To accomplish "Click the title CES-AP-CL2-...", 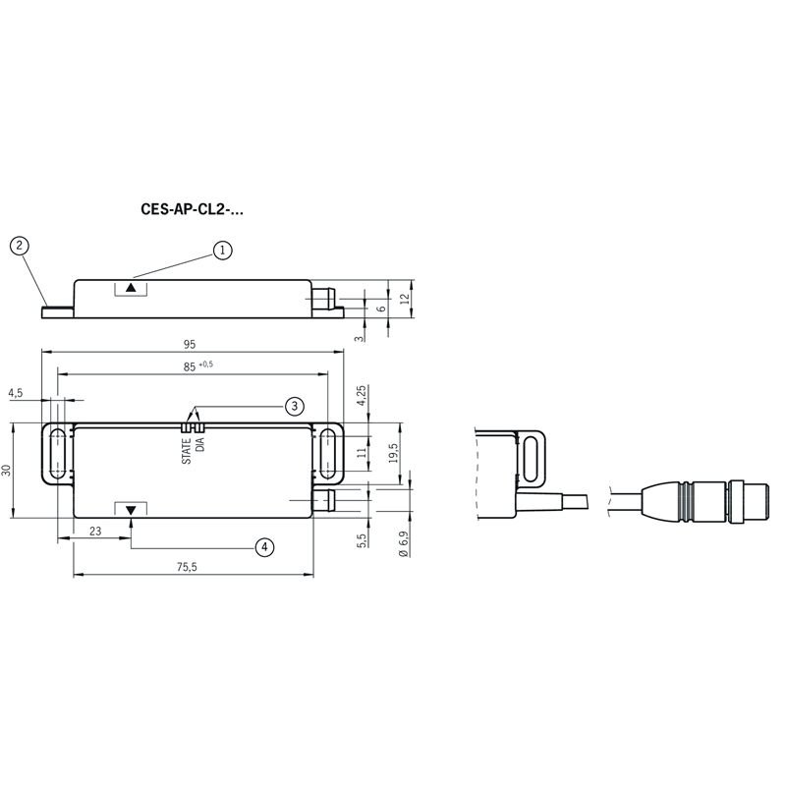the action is coord(192,209).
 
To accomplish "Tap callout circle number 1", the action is coord(223,251).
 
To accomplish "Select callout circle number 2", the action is coord(20,246).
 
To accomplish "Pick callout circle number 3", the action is coord(295,406).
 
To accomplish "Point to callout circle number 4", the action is coord(264,547).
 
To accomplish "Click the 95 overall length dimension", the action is coord(190,345).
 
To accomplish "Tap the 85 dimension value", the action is coord(190,366).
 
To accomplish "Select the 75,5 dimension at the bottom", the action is coord(187,567).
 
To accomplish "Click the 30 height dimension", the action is coord(6,471).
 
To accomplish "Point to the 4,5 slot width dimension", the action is coord(16,393).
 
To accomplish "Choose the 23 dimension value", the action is coord(95,531).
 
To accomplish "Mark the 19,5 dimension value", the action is coord(393,453).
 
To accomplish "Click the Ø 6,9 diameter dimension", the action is coord(404,544).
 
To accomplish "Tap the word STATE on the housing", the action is coord(187,451).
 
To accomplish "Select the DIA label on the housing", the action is coord(200,445).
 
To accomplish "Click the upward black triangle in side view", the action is coord(131,288).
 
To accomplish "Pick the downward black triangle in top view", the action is coord(131,510).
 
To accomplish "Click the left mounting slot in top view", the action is coord(58,454).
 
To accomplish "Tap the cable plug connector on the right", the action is coord(704,502).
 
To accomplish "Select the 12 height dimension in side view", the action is coord(405,299).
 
